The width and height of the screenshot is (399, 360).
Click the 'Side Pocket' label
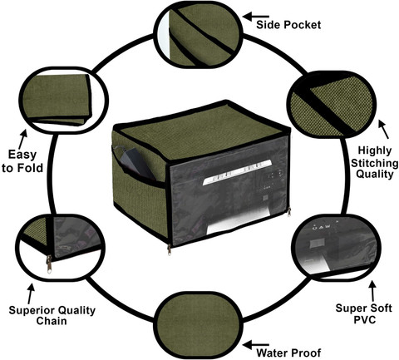pyautogui.click(x=288, y=25)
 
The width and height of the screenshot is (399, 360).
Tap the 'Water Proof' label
pyautogui.click(x=288, y=353)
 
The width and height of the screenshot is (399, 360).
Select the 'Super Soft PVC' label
pyautogui.click(x=364, y=313)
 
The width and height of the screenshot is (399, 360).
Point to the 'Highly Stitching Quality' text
pyautogui.click(x=375, y=162)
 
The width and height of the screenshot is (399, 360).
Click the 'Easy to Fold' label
pyautogui.click(x=22, y=161)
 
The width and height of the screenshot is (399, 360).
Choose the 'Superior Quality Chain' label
pyautogui.click(x=52, y=315)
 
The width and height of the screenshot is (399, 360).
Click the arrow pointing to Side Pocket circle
pyautogui.click(x=256, y=17)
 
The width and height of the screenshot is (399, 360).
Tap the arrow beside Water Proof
pyautogui.click(x=256, y=345)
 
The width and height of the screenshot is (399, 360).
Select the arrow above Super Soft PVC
pyautogui.click(x=373, y=291)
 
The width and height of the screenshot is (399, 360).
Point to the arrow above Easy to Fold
pyautogui.click(x=22, y=139)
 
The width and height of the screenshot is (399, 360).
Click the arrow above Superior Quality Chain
pyautogui.click(x=31, y=293)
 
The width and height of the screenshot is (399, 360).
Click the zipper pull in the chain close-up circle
pyautogui.click(x=49, y=264)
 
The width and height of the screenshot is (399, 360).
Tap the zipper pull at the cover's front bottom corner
pyautogui.click(x=169, y=249)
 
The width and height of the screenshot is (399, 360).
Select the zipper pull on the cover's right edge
pyautogui.click(x=289, y=212)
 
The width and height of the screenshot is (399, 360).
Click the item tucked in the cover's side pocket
pyautogui.click(x=135, y=163)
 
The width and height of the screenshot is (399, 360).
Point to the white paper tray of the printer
pyautogui.click(x=239, y=221)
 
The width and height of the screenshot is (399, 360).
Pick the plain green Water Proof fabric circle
pyautogui.click(x=198, y=325)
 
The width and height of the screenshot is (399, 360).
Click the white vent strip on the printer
pyautogui.click(x=237, y=172)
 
